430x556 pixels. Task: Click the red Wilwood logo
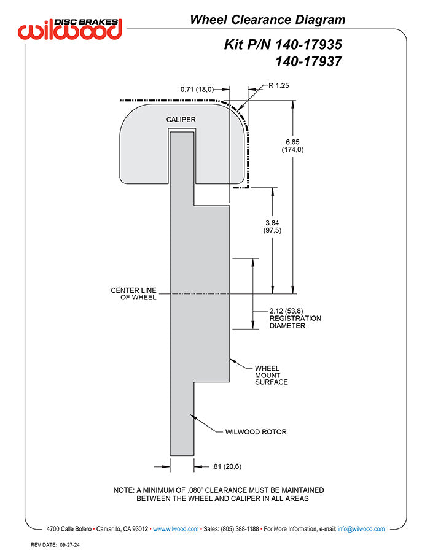click(x=70, y=29)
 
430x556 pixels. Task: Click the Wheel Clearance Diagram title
click(x=267, y=20)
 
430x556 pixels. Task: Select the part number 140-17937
click(x=308, y=62)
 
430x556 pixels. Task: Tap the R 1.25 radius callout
click(x=279, y=85)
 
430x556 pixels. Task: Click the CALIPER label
click(x=181, y=120)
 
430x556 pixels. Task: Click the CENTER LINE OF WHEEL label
click(x=133, y=294)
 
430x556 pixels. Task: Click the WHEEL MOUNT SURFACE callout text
click(x=272, y=375)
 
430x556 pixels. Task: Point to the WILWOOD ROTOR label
click(x=256, y=432)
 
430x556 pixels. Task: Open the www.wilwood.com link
click(x=176, y=529)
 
